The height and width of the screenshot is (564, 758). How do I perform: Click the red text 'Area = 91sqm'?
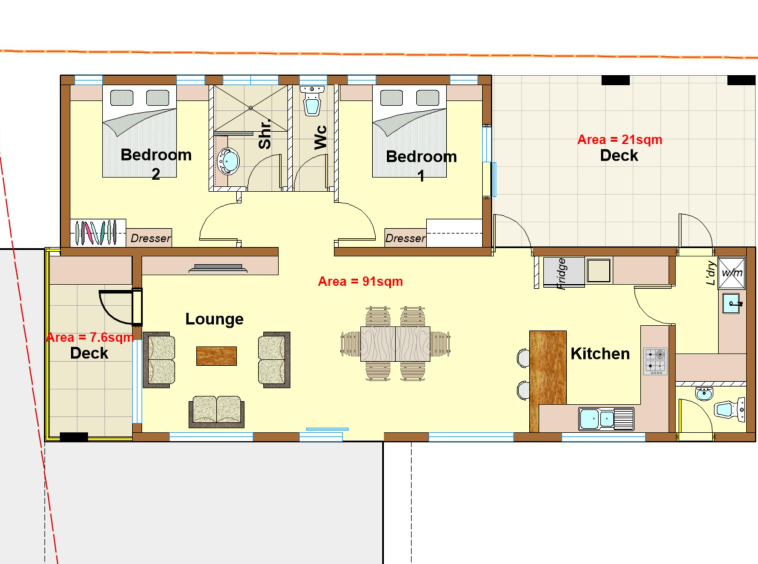(x=360, y=281)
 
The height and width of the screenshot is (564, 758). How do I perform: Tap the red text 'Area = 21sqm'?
(x=620, y=140)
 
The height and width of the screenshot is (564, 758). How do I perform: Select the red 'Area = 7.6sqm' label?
(x=90, y=337)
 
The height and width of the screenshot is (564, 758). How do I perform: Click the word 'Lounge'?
(x=214, y=319)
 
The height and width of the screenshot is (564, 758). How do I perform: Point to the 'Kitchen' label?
(x=600, y=354)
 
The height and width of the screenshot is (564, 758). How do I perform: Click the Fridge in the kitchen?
(x=564, y=273)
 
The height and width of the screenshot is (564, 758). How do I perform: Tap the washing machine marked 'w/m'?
(x=731, y=273)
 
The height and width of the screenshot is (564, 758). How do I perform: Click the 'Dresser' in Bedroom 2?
(x=149, y=238)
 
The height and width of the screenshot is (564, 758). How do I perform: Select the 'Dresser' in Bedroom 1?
(x=405, y=238)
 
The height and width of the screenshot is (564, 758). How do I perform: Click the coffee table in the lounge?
(x=216, y=356)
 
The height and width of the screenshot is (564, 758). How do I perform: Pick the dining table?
(x=395, y=344)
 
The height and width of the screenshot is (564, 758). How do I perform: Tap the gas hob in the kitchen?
(x=655, y=361)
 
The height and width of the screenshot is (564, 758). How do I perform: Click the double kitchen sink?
(x=606, y=419)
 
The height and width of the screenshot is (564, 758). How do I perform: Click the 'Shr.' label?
(x=265, y=134)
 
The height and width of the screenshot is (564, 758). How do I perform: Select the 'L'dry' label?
(x=710, y=273)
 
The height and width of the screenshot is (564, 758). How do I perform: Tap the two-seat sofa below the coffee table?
(x=217, y=411)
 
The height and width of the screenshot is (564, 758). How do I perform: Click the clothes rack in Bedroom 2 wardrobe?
(x=96, y=233)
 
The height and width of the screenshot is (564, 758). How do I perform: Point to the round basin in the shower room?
(x=228, y=161)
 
